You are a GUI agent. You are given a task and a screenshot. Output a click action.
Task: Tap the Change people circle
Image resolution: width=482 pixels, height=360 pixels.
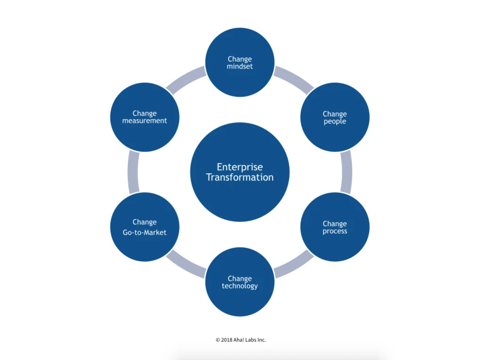(335, 117)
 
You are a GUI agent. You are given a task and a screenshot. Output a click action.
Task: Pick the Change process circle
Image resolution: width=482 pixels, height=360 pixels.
(335, 227)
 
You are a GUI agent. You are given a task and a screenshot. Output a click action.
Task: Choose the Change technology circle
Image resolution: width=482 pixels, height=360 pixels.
(240, 282)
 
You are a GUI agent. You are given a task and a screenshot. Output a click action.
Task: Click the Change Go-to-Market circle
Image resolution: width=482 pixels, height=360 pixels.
(145, 227)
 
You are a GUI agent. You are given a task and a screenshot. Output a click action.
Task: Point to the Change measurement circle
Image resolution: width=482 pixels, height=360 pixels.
(145, 117)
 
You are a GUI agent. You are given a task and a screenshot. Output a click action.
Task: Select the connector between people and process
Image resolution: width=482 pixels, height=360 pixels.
(346, 172)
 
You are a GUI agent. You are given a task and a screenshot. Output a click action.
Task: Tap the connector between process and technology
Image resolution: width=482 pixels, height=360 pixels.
(293, 265)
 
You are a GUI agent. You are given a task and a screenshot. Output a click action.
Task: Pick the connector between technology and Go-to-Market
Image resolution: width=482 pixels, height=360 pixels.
(186, 264)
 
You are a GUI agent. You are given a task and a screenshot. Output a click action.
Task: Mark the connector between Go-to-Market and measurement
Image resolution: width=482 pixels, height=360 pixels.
(133, 172)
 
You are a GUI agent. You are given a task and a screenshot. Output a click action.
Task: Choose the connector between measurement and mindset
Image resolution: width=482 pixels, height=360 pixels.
(186, 80)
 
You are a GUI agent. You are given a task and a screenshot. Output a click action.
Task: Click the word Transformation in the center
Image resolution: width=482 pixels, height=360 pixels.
(240, 177)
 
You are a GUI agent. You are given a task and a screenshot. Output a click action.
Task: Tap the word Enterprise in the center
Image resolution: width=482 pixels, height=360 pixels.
(240, 167)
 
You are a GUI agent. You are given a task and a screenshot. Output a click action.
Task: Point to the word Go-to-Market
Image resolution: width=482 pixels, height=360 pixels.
(145, 232)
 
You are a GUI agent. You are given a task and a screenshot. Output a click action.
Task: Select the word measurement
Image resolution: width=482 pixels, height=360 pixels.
(145, 120)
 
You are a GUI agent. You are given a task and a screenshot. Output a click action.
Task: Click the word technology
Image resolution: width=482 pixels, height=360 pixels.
(240, 286)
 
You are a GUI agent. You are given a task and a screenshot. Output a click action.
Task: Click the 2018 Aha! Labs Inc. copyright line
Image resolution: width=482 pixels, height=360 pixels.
(241, 339)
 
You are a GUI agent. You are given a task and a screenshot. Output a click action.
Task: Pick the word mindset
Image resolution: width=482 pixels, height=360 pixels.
(240, 66)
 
